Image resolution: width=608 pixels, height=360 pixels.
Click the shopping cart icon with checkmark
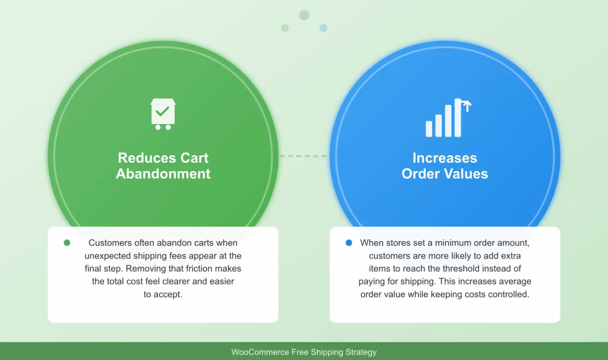[162, 114]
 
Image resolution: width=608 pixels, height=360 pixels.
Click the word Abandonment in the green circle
[163, 174]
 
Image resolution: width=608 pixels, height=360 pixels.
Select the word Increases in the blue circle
[445, 158]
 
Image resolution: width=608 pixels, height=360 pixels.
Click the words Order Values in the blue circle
[445, 174]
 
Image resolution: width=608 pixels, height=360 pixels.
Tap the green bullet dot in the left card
[66, 243]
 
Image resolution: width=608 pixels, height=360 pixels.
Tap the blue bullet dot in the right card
[348, 243]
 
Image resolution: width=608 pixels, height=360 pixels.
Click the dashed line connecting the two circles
[303, 156]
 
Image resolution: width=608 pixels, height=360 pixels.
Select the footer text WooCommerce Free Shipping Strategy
[304, 352]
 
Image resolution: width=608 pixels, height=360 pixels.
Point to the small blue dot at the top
[323, 28]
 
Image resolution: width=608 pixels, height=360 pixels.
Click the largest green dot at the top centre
[304, 15]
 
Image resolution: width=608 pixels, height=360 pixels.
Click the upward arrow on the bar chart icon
[467, 106]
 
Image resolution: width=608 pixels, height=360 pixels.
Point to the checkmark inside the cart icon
[162, 111]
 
